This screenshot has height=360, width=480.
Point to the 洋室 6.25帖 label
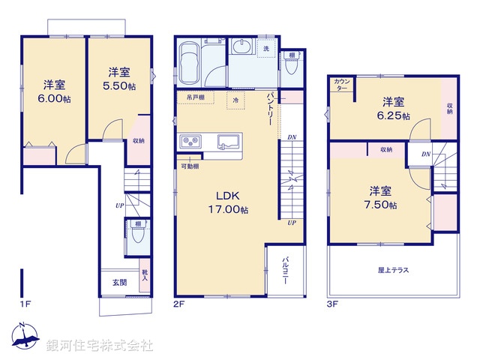[x=394, y=109]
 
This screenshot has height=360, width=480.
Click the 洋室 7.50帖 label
[x=382, y=197]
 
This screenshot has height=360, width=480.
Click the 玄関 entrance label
[x=120, y=282]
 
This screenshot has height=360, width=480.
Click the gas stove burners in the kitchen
[x=189, y=140]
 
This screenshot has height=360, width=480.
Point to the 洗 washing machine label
[x=266, y=49]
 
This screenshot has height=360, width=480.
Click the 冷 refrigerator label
[x=235, y=99]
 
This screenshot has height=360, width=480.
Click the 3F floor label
[x=332, y=304]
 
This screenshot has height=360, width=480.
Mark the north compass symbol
[x=23, y=338]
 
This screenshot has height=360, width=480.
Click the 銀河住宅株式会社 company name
[x=100, y=346]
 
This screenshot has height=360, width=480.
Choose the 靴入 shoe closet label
[x=143, y=277]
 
